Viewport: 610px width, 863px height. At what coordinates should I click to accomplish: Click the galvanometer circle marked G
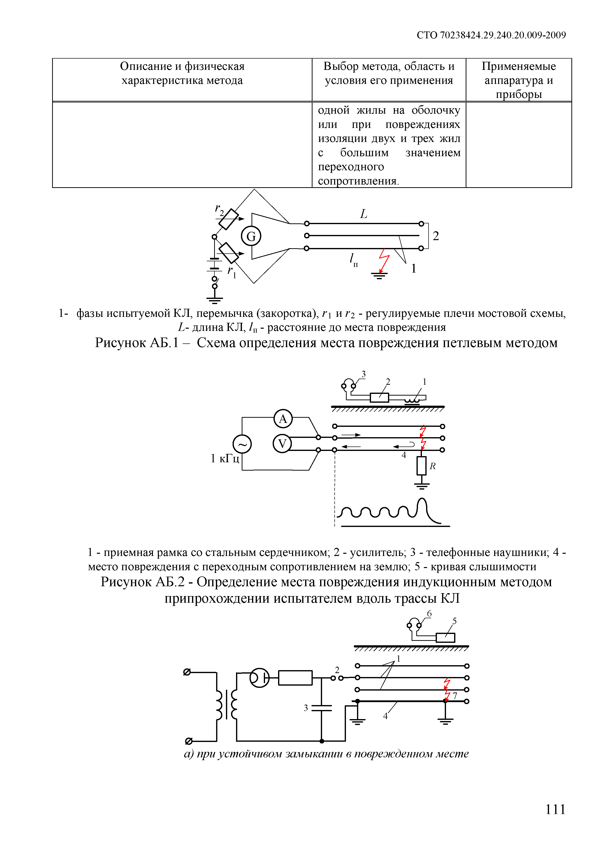click(251, 236)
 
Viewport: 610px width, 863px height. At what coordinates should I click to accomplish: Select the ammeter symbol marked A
click(283, 418)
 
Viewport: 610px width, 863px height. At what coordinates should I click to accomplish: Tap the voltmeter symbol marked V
click(282, 444)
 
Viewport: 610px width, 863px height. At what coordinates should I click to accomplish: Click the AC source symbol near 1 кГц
click(242, 444)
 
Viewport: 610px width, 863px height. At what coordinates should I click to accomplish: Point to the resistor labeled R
click(421, 466)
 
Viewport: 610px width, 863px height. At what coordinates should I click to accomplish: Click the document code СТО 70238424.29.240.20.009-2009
click(491, 35)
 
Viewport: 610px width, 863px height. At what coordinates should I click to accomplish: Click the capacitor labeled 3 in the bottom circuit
click(322, 708)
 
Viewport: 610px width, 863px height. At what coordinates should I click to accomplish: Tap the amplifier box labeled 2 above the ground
click(379, 397)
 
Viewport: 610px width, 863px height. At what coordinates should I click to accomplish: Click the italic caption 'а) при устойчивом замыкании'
click(326, 754)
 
